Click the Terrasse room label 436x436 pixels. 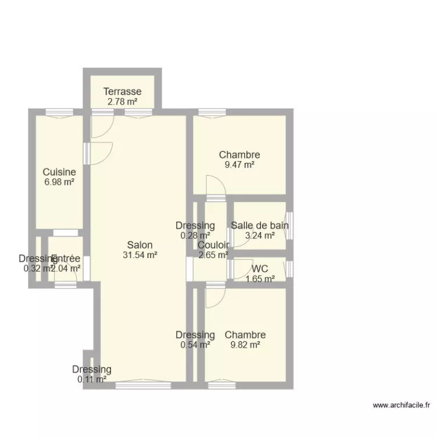(123, 91)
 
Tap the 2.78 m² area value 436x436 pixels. (123, 102)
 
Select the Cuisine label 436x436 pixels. (59, 172)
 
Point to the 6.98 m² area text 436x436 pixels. (59, 182)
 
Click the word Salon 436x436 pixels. (140, 245)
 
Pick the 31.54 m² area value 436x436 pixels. (140, 255)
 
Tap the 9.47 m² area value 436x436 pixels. (240, 165)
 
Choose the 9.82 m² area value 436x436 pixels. (245, 345)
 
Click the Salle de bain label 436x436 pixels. (260, 226)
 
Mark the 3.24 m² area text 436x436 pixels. (260, 235)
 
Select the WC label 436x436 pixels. (260, 269)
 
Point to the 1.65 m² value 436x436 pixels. (260, 278)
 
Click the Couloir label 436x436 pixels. (213, 245)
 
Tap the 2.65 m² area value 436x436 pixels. (213, 255)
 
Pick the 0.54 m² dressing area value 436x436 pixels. (196, 345)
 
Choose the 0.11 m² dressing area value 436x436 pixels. (92, 380)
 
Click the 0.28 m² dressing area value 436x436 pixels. (196, 235)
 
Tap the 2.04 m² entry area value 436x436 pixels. (66, 269)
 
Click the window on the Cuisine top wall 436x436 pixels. (59, 112)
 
